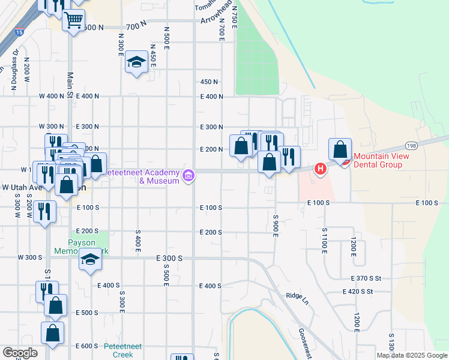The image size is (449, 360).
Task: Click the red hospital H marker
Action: [x=321, y=169]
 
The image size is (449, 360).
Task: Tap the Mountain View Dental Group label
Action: [x=381, y=160]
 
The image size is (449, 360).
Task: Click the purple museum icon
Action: [x=188, y=175]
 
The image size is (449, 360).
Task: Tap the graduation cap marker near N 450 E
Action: [x=137, y=61]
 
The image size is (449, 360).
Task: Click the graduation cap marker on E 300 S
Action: [x=90, y=259]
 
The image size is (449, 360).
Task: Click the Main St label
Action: [x=70, y=85]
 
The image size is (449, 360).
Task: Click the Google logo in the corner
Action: [x=20, y=352]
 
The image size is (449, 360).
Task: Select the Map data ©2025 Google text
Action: [x=412, y=355]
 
